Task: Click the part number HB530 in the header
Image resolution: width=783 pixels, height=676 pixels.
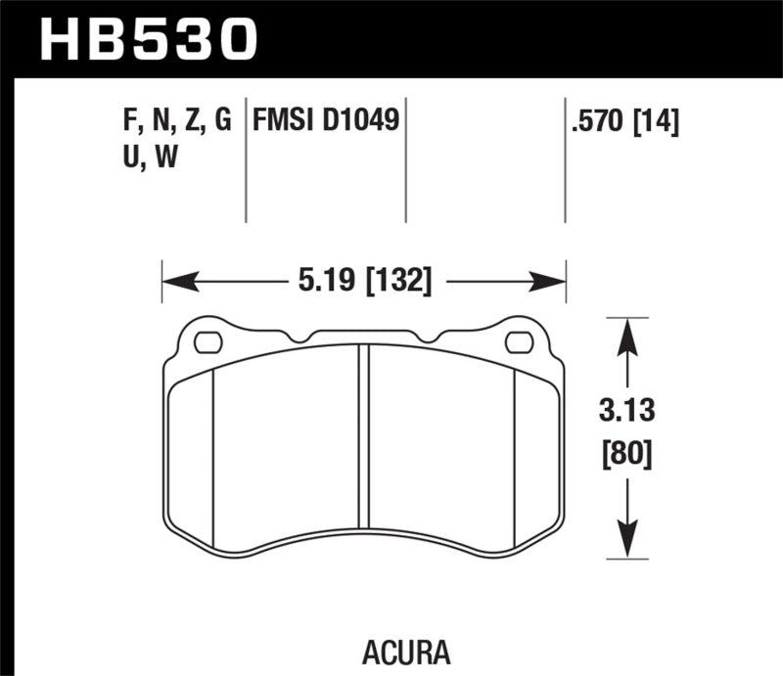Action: [x=148, y=38]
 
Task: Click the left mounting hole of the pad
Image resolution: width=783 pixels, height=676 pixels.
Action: [x=208, y=342]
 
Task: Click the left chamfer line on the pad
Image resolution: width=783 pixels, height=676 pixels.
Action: [x=212, y=450]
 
